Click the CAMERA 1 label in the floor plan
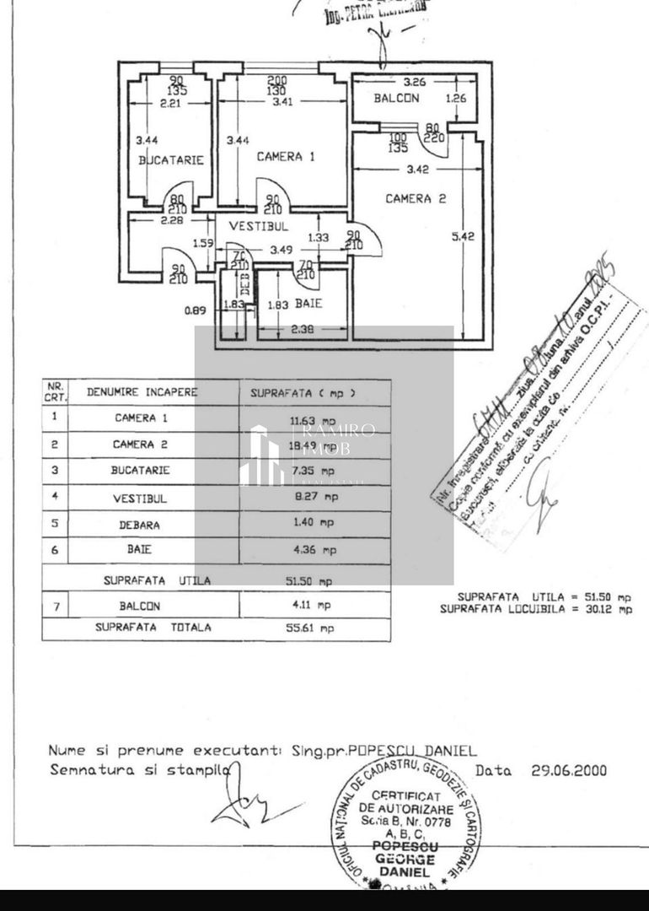point(286,157)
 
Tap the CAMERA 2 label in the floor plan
point(416,199)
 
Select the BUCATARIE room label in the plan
point(171,159)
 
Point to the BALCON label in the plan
point(396,98)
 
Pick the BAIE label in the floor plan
point(308,303)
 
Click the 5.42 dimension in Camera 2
point(464,237)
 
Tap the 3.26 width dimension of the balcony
point(414,83)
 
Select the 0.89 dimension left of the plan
point(196,310)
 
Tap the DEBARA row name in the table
point(140,524)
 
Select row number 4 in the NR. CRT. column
point(55,497)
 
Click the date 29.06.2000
point(568,770)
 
